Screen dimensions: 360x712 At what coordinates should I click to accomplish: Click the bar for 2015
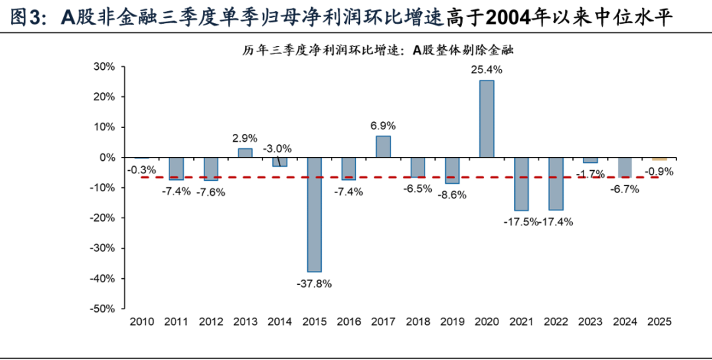coord(314,214)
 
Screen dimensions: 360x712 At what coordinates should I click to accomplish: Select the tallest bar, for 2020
coord(487,119)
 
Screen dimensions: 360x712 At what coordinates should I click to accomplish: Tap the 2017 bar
coord(383,146)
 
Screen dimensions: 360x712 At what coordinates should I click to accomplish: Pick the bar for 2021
coord(521,184)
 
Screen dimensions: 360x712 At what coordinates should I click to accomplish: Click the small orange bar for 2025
coord(659,159)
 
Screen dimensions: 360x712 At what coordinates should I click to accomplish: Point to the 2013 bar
coord(245,153)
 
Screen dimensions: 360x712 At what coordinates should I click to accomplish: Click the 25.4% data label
coord(487,69)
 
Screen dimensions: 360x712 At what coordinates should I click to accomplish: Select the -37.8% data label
coord(314,284)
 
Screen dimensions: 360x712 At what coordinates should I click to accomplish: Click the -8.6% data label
coord(452,195)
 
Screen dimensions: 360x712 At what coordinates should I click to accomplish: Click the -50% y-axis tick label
coord(103,309)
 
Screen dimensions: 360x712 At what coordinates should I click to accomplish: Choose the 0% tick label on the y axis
coord(107,158)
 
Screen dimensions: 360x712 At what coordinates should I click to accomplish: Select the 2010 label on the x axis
coord(141,322)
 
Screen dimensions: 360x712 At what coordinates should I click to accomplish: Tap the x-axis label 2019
coord(452,322)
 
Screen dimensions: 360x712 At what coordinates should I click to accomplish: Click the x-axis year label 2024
coord(625,322)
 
